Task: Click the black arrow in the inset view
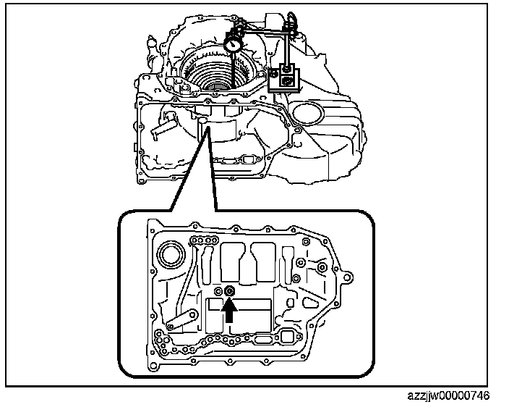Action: pyautogui.click(x=230, y=309)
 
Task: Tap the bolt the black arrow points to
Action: pyautogui.click(x=230, y=291)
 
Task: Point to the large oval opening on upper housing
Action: pyautogui.click(x=310, y=114)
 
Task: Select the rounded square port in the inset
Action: pyautogui.click(x=288, y=337)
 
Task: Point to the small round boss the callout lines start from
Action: pyautogui.click(x=208, y=129)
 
